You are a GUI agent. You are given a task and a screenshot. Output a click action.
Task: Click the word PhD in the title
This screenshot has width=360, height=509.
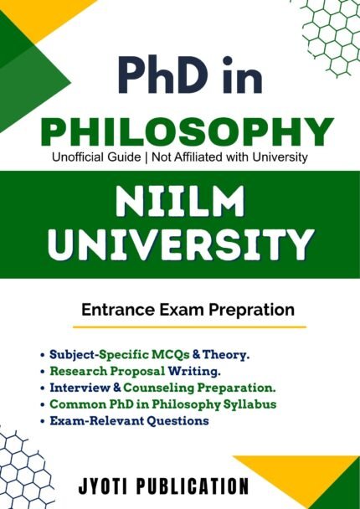pos(165,75)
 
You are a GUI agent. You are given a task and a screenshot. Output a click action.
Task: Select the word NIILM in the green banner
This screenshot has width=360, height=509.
pos(179,201)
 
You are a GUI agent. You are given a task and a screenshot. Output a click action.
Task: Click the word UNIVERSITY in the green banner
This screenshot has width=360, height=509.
pos(180,244)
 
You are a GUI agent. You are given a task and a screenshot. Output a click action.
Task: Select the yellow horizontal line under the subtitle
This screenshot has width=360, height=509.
pos(189,327)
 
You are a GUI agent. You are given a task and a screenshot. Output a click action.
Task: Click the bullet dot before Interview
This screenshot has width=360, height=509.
pos(42,388)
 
